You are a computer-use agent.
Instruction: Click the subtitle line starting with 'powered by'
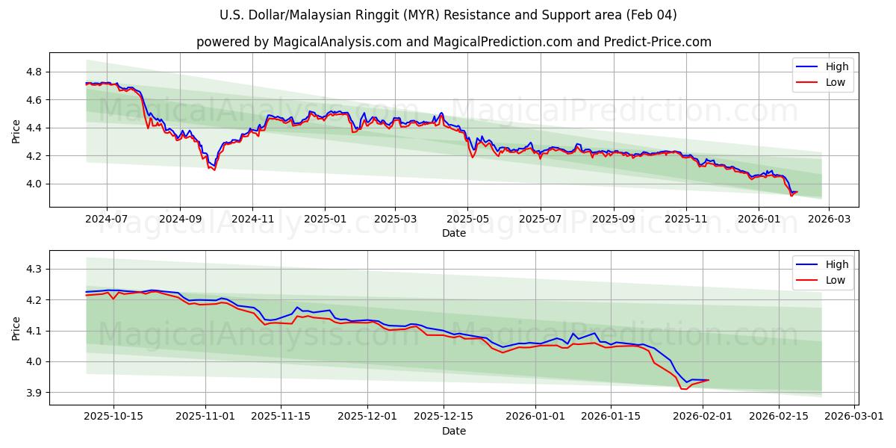coord(453,42)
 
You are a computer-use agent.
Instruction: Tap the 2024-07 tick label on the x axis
coord(107,219)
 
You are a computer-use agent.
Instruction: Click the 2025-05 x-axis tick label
coord(467,219)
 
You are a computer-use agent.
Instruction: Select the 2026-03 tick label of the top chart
coord(830,219)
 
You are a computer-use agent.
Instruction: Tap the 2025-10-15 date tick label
coord(113,417)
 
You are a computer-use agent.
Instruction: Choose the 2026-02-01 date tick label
coord(703,417)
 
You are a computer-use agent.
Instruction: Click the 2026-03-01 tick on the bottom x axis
coord(853,417)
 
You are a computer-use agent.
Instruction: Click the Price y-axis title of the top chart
coord(16,130)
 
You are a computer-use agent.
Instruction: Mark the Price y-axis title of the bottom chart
coord(16,328)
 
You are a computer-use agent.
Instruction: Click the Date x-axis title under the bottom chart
coord(453,431)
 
